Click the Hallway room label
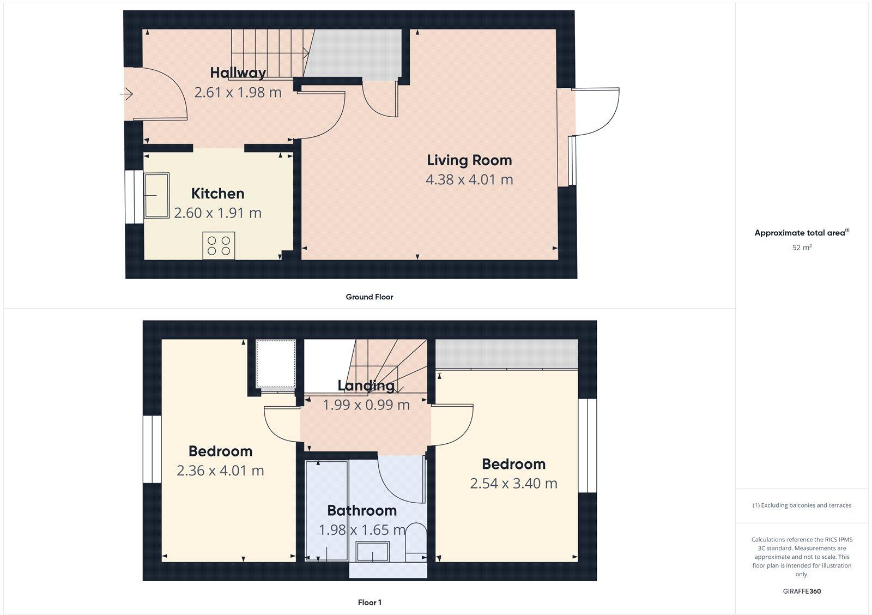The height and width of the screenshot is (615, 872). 238,73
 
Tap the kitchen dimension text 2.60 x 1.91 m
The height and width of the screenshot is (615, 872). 217,213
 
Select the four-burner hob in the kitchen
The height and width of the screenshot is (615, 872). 219,245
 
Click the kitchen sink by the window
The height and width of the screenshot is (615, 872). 156,195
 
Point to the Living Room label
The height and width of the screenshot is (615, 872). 469,160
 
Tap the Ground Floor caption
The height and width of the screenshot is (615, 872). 369,297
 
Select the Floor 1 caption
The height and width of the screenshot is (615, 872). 370,602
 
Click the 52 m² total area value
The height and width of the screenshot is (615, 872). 802,248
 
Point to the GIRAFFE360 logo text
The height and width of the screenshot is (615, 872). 802,591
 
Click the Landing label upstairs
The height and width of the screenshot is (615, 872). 366,385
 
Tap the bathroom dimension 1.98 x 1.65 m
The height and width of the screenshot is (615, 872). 362,530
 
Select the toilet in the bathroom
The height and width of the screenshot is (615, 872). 417,540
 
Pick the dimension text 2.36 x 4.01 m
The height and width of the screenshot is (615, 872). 220,471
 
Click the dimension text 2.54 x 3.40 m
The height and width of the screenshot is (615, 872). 513,484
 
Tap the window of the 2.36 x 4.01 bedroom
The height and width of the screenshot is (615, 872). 152,449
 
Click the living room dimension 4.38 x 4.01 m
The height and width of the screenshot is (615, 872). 469,179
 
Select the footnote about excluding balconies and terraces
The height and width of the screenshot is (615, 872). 802,505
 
